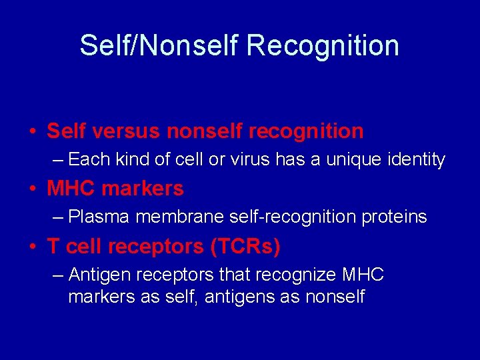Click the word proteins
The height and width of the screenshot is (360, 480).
(x=395, y=217)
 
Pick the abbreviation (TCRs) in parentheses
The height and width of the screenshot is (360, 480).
(x=245, y=247)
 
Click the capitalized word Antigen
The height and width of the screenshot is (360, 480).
(x=95, y=275)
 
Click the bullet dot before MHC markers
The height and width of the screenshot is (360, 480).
(x=32, y=189)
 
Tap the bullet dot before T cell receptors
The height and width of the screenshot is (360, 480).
(x=32, y=247)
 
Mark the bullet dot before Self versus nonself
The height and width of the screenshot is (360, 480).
(x=32, y=132)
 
